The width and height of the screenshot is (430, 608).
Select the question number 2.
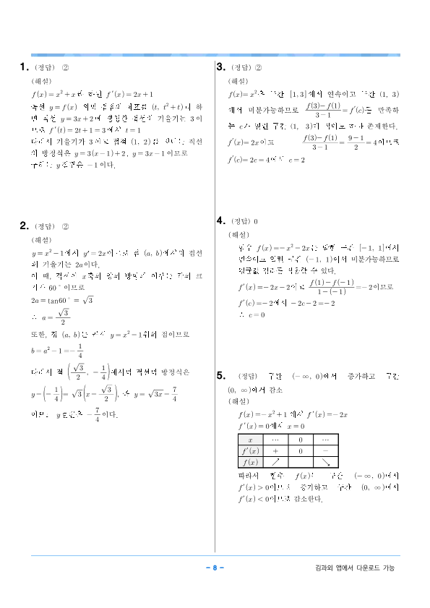pos(23,226)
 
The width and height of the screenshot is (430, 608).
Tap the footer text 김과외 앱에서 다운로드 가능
pos(351,568)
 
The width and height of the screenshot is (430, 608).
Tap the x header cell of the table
pos(250,439)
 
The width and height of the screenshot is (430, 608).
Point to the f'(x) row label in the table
pos(250,450)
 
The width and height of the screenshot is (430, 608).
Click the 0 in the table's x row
pos(300,439)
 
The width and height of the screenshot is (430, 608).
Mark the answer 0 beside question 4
pos(257,221)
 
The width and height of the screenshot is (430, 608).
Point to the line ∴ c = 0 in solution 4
pos(251,314)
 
